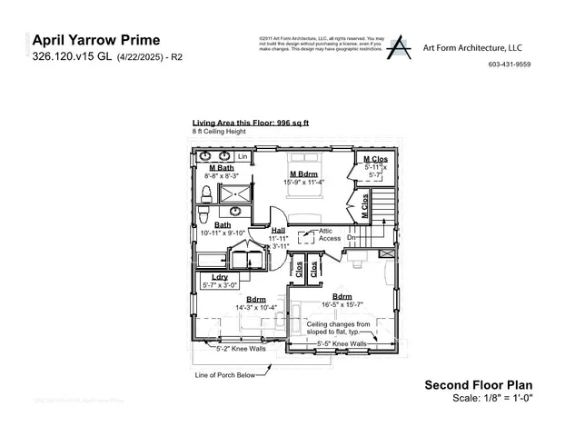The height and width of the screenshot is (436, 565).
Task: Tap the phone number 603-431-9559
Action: (510, 64)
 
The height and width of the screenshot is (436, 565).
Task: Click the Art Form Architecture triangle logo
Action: (397, 48)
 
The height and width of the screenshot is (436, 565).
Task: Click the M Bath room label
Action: (222, 168)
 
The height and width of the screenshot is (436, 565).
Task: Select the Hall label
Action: (279, 230)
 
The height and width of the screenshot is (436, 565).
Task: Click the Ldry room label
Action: (219, 276)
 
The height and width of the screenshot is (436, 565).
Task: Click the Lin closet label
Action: (243, 156)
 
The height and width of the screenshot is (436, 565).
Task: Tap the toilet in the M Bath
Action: (206, 193)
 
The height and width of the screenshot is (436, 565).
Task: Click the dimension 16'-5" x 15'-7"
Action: (342, 304)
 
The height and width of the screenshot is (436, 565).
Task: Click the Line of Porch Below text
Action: (224, 374)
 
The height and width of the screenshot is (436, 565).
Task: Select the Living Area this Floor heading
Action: (251, 123)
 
